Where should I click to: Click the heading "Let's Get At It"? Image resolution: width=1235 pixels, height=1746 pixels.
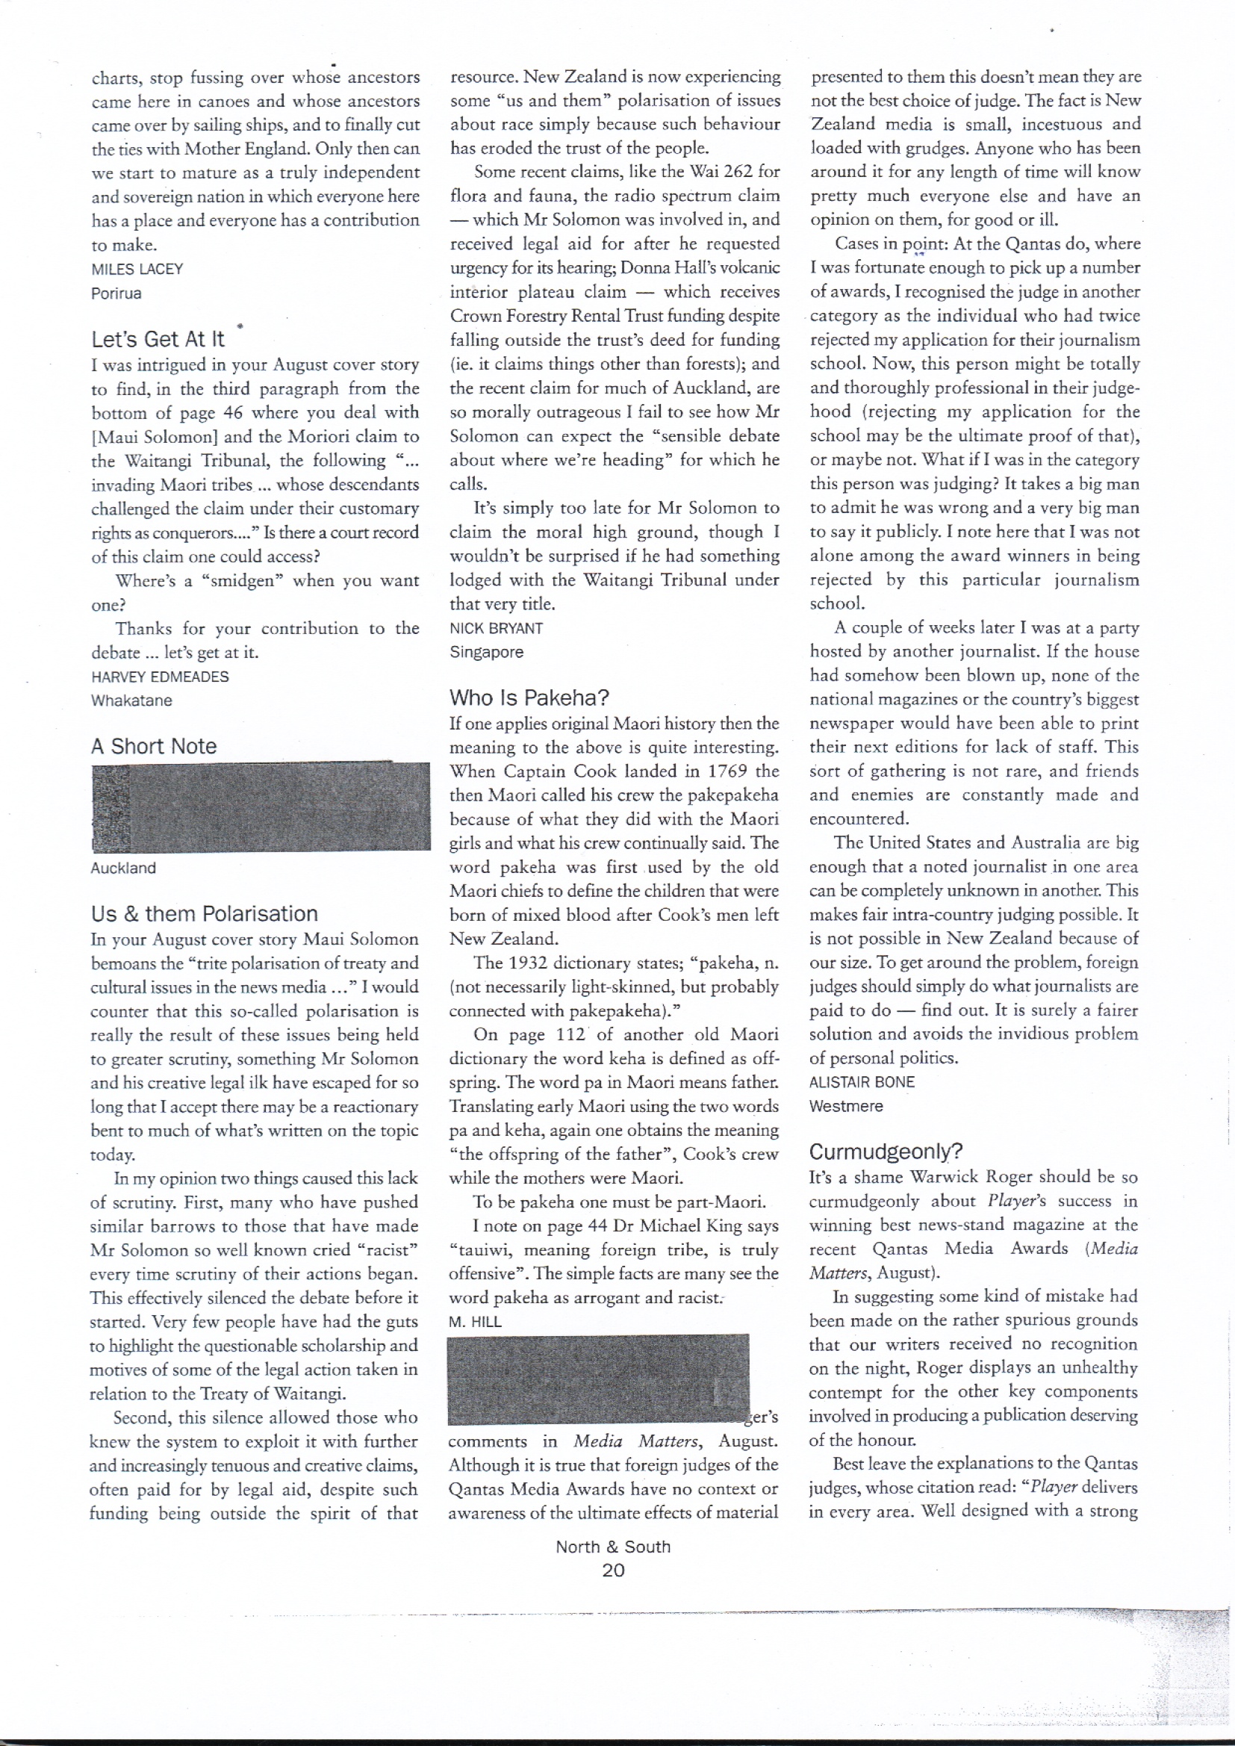pyautogui.click(x=158, y=338)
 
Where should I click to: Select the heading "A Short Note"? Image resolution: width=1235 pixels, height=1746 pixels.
pyautogui.click(x=154, y=746)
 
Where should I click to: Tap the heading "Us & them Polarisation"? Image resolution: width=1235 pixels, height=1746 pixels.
pyautogui.click(x=204, y=913)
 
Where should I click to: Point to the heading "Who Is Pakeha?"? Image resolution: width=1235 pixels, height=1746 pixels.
pyautogui.click(x=529, y=698)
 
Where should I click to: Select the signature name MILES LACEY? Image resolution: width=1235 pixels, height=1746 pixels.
pyautogui.click(x=137, y=269)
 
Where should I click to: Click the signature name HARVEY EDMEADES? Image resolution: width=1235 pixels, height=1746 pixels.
pyautogui.click(x=160, y=676)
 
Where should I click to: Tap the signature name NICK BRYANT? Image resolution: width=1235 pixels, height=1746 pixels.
pyautogui.click(x=496, y=628)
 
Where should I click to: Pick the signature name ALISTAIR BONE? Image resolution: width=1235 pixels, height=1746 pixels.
pyautogui.click(x=862, y=1081)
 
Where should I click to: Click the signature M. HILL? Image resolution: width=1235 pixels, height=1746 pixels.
pyautogui.click(x=475, y=1322)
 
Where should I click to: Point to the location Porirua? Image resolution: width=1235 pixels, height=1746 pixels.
pyautogui.click(x=116, y=293)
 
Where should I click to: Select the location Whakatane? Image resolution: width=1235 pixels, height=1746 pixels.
pyautogui.click(x=131, y=700)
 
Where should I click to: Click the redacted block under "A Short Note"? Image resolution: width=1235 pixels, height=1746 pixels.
pyautogui.click(x=260, y=807)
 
